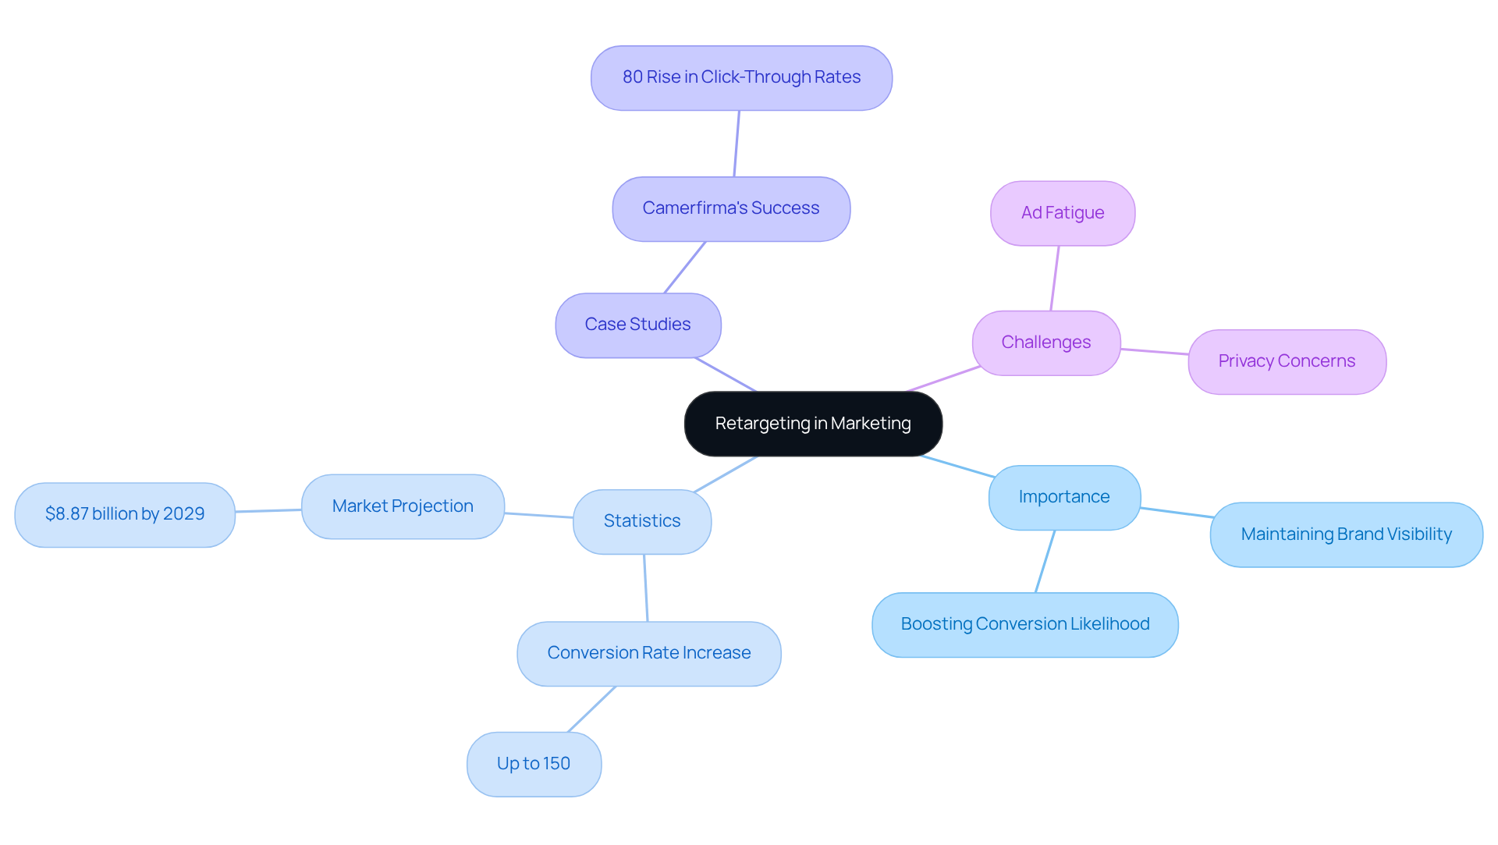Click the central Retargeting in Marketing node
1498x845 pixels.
click(x=813, y=424)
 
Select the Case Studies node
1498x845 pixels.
click(x=638, y=325)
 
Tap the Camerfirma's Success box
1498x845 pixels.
click(x=731, y=209)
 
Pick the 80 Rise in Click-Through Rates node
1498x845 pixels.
click(x=741, y=78)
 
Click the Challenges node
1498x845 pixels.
click(x=1046, y=343)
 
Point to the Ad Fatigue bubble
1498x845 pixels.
click(x=1063, y=214)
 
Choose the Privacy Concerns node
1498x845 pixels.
click(x=1287, y=362)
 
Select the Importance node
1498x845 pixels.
click(x=1064, y=498)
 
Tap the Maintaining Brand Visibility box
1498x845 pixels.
click(x=1346, y=535)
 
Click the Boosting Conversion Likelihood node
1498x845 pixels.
click(x=1024, y=625)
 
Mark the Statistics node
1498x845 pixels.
click(x=642, y=522)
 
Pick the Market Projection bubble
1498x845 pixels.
click(x=403, y=507)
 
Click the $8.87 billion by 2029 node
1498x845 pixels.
click(x=125, y=515)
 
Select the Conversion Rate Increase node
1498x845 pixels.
click(x=648, y=654)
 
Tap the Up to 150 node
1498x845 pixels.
click(x=534, y=765)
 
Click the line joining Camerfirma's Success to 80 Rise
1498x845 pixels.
click(x=737, y=144)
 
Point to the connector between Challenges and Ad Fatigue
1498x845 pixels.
click(x=1055, y=279)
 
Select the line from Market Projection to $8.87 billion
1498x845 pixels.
click(x=268, y=511)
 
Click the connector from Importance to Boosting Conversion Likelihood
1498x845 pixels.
click(x=1045, y=562)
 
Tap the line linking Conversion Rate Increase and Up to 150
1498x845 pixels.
click(x=591, y=709)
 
